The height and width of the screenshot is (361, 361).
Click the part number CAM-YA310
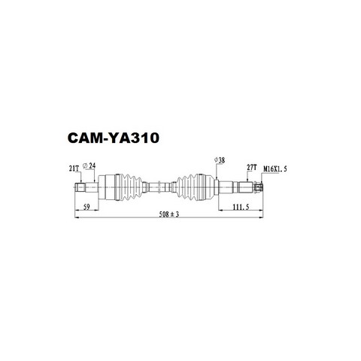point(114,138)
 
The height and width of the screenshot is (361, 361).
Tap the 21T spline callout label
point(74,168)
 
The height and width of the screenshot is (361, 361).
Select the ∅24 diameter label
point(89,165)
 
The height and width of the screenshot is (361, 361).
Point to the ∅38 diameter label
point(220,160)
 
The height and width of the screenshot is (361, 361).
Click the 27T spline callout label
point(252,168)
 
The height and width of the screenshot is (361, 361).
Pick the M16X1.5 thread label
point(275,169)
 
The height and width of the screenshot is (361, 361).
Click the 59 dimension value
point(86,207)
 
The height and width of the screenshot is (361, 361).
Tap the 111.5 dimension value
point(241,207)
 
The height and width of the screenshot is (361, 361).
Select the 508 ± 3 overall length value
point(169,214)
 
